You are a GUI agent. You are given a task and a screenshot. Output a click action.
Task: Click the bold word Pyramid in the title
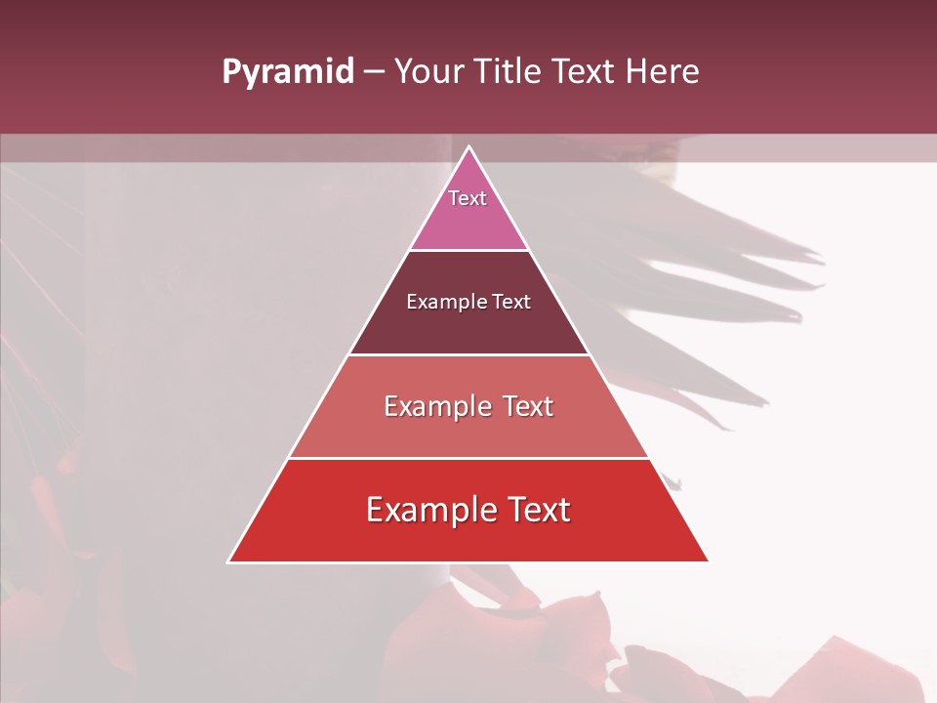click(287, 72)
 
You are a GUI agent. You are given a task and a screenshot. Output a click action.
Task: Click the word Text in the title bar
click(585, 72)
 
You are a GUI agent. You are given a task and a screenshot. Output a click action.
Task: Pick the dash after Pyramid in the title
click(374, 72)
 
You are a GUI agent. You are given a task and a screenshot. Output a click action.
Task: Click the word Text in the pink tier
click(468, 198)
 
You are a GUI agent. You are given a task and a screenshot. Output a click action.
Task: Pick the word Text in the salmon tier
click(528, 406)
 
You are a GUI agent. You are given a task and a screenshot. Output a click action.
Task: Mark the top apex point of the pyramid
click(468, 146)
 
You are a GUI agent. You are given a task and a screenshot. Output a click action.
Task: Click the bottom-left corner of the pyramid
click(228, 561)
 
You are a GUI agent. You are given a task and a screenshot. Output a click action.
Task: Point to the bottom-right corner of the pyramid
click(709, 561)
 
